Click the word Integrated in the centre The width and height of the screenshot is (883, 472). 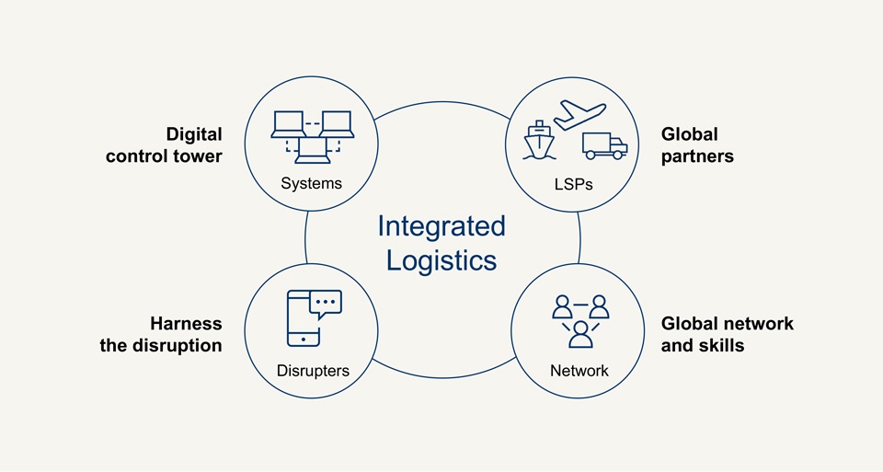click(x=441, y=226)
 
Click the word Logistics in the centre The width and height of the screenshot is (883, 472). click(x=441, y=260)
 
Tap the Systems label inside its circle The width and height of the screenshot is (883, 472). click(x=311, y=183)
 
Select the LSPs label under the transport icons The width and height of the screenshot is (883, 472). click(x=574, y=184)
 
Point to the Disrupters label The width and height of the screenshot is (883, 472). click(x=313, y=371)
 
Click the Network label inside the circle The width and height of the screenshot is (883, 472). click(x=579, y=371)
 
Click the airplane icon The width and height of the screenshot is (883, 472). click(x=580, y=117)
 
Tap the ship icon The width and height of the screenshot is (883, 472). click(x=539, y=141)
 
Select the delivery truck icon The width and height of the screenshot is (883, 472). click(x=604, y=146)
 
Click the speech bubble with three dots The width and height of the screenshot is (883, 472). click(x=326, y=303)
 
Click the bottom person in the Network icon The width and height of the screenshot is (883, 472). click(x=580, y=333)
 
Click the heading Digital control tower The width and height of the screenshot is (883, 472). click(x=164, y=145)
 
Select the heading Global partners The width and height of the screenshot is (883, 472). click(x=697, y=145)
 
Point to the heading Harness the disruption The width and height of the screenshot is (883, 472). click(x=161, y=335)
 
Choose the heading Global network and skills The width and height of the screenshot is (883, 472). click(x=727, y=335)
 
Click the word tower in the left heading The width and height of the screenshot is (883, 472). click(x=198, y=156)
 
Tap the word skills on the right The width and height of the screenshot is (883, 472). click(x=721, y=346)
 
